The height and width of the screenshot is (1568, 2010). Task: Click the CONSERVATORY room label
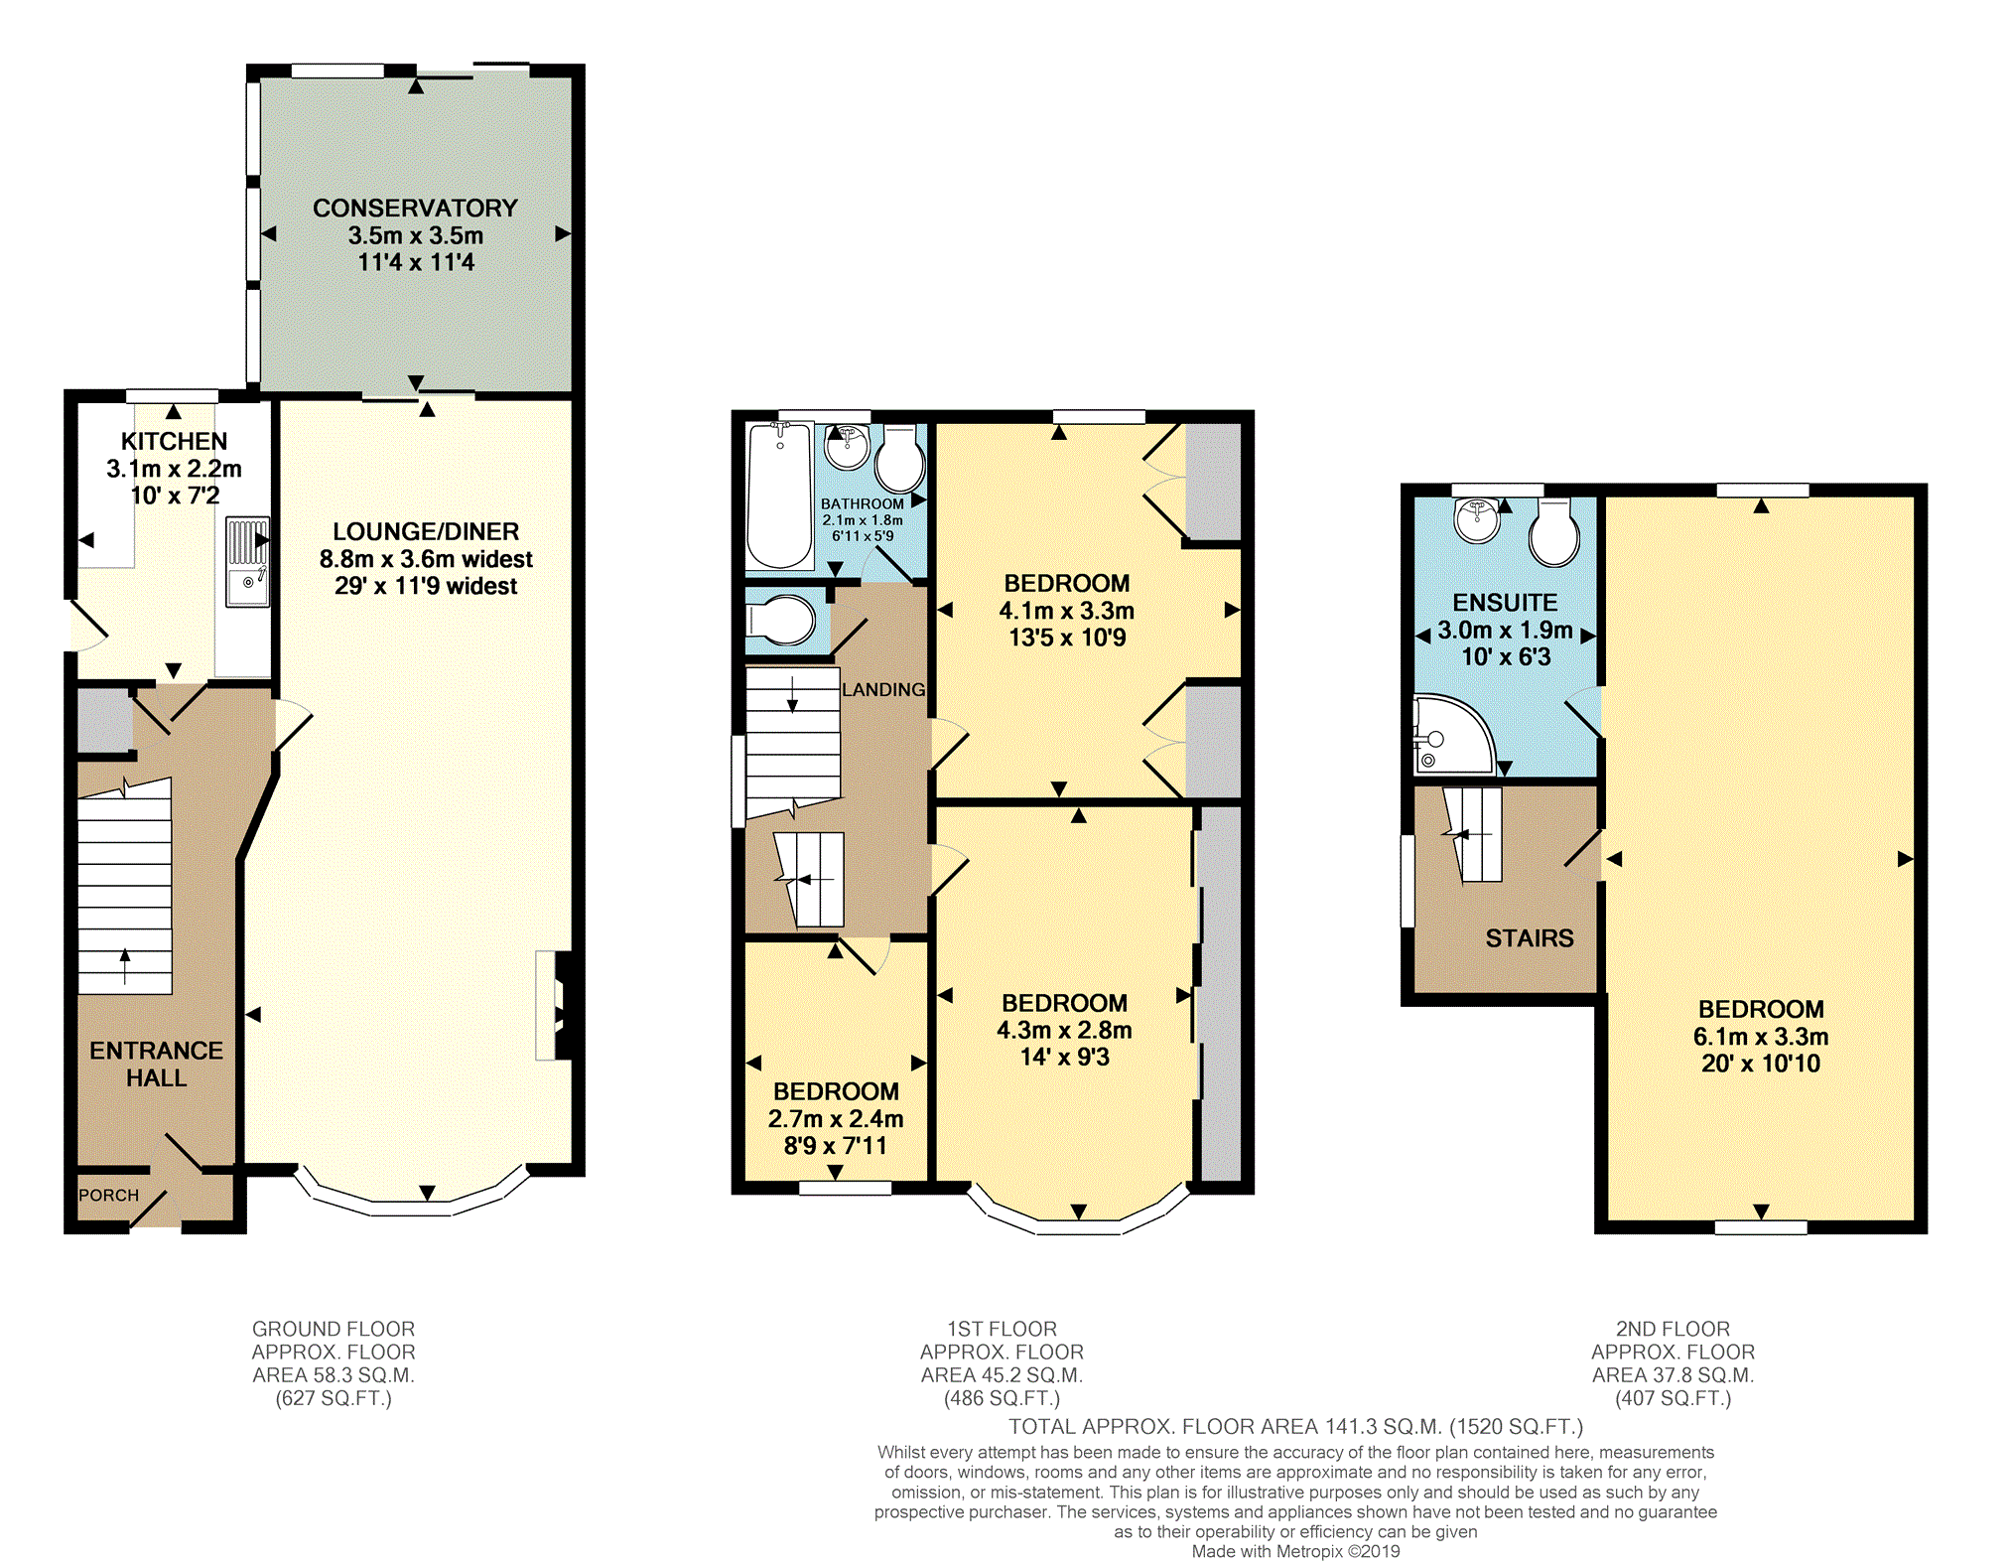point(415,209)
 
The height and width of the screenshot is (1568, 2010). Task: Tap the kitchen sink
point(247,561)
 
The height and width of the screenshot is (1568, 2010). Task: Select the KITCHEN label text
point(174,441)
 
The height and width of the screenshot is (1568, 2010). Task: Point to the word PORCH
point(108,1195)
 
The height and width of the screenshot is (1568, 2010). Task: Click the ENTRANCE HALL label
point(156,1065)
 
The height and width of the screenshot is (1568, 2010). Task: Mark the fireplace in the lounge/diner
point(554,1006)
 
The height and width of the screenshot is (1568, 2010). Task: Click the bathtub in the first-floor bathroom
point(780,496)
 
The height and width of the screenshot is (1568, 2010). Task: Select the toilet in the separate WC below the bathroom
point(782,621)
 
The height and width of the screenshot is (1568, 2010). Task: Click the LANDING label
point(883,689)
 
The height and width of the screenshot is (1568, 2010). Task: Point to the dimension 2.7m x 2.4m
point(836,1119)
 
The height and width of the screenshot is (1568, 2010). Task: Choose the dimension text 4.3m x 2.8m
point(1064,1031)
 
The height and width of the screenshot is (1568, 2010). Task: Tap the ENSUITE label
point(1505,603)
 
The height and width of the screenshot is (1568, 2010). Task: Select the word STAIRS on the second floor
point(1530,938)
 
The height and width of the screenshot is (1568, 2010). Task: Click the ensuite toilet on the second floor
point(1554,532)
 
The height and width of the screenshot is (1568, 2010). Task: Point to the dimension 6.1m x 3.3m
point(1761,1037)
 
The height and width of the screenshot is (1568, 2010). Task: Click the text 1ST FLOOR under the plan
point(1002,1329)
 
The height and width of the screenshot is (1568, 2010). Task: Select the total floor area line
point(1295,1427)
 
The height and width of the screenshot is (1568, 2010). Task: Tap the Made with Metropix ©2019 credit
point(1295,1551)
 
